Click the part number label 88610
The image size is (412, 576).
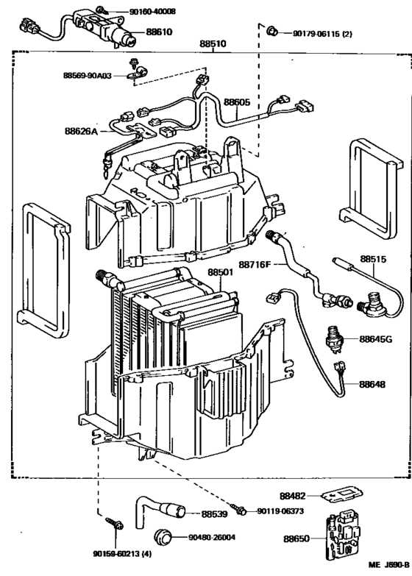pos(158,32)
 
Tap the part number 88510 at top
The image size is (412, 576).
pos(213,45)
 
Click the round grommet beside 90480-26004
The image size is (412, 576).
pos(164,536)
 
